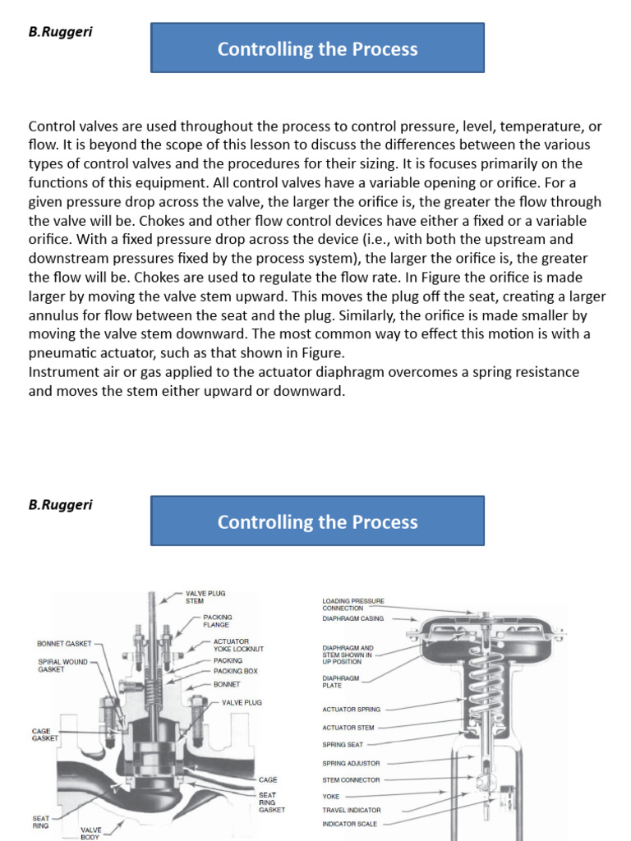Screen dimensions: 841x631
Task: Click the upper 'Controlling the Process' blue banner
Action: [317, 48]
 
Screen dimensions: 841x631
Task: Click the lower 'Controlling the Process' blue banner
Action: [317, 522]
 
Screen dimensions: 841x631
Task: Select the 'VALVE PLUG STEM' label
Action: [205, 595]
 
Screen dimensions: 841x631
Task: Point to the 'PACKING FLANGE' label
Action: [217, 620]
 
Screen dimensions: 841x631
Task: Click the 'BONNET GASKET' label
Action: [64, 643]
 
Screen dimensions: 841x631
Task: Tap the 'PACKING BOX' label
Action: [235, 671]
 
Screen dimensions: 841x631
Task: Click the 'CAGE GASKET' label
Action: [44, 733]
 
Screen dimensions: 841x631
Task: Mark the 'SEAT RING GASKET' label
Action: [271, 802]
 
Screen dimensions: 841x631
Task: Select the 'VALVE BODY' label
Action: [90, 834]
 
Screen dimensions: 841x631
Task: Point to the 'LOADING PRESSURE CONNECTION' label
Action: [352, 604]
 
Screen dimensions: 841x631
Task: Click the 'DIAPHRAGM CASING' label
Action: [352, 618]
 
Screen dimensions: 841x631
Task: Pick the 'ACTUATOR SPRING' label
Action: [351, 709]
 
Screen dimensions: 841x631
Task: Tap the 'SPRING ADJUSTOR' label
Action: [351, 763]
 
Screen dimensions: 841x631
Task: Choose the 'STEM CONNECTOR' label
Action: [351, 779]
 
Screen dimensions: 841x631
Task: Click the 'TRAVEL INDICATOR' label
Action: [352, 810]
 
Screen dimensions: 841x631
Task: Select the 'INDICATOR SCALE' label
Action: [350, 823]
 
